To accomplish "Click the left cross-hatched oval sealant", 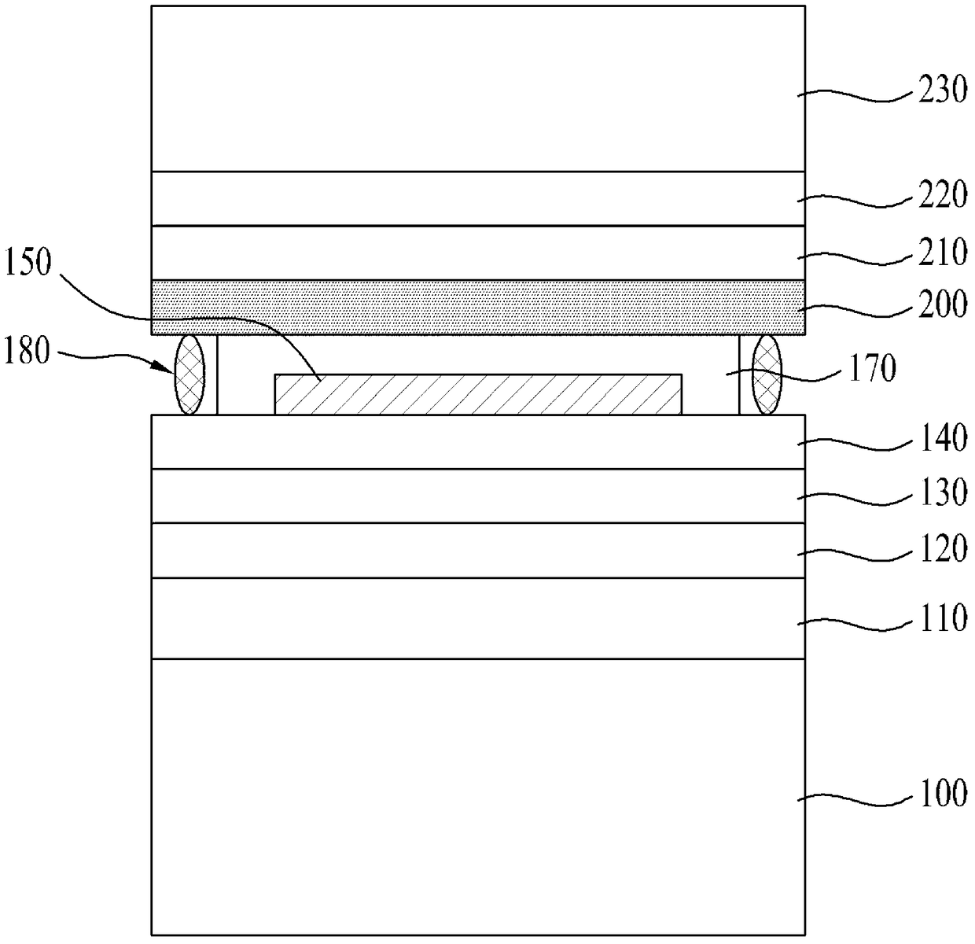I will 189,374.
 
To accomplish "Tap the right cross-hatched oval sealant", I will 767,374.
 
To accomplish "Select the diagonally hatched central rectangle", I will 478,394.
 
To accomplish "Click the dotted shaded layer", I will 478,308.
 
